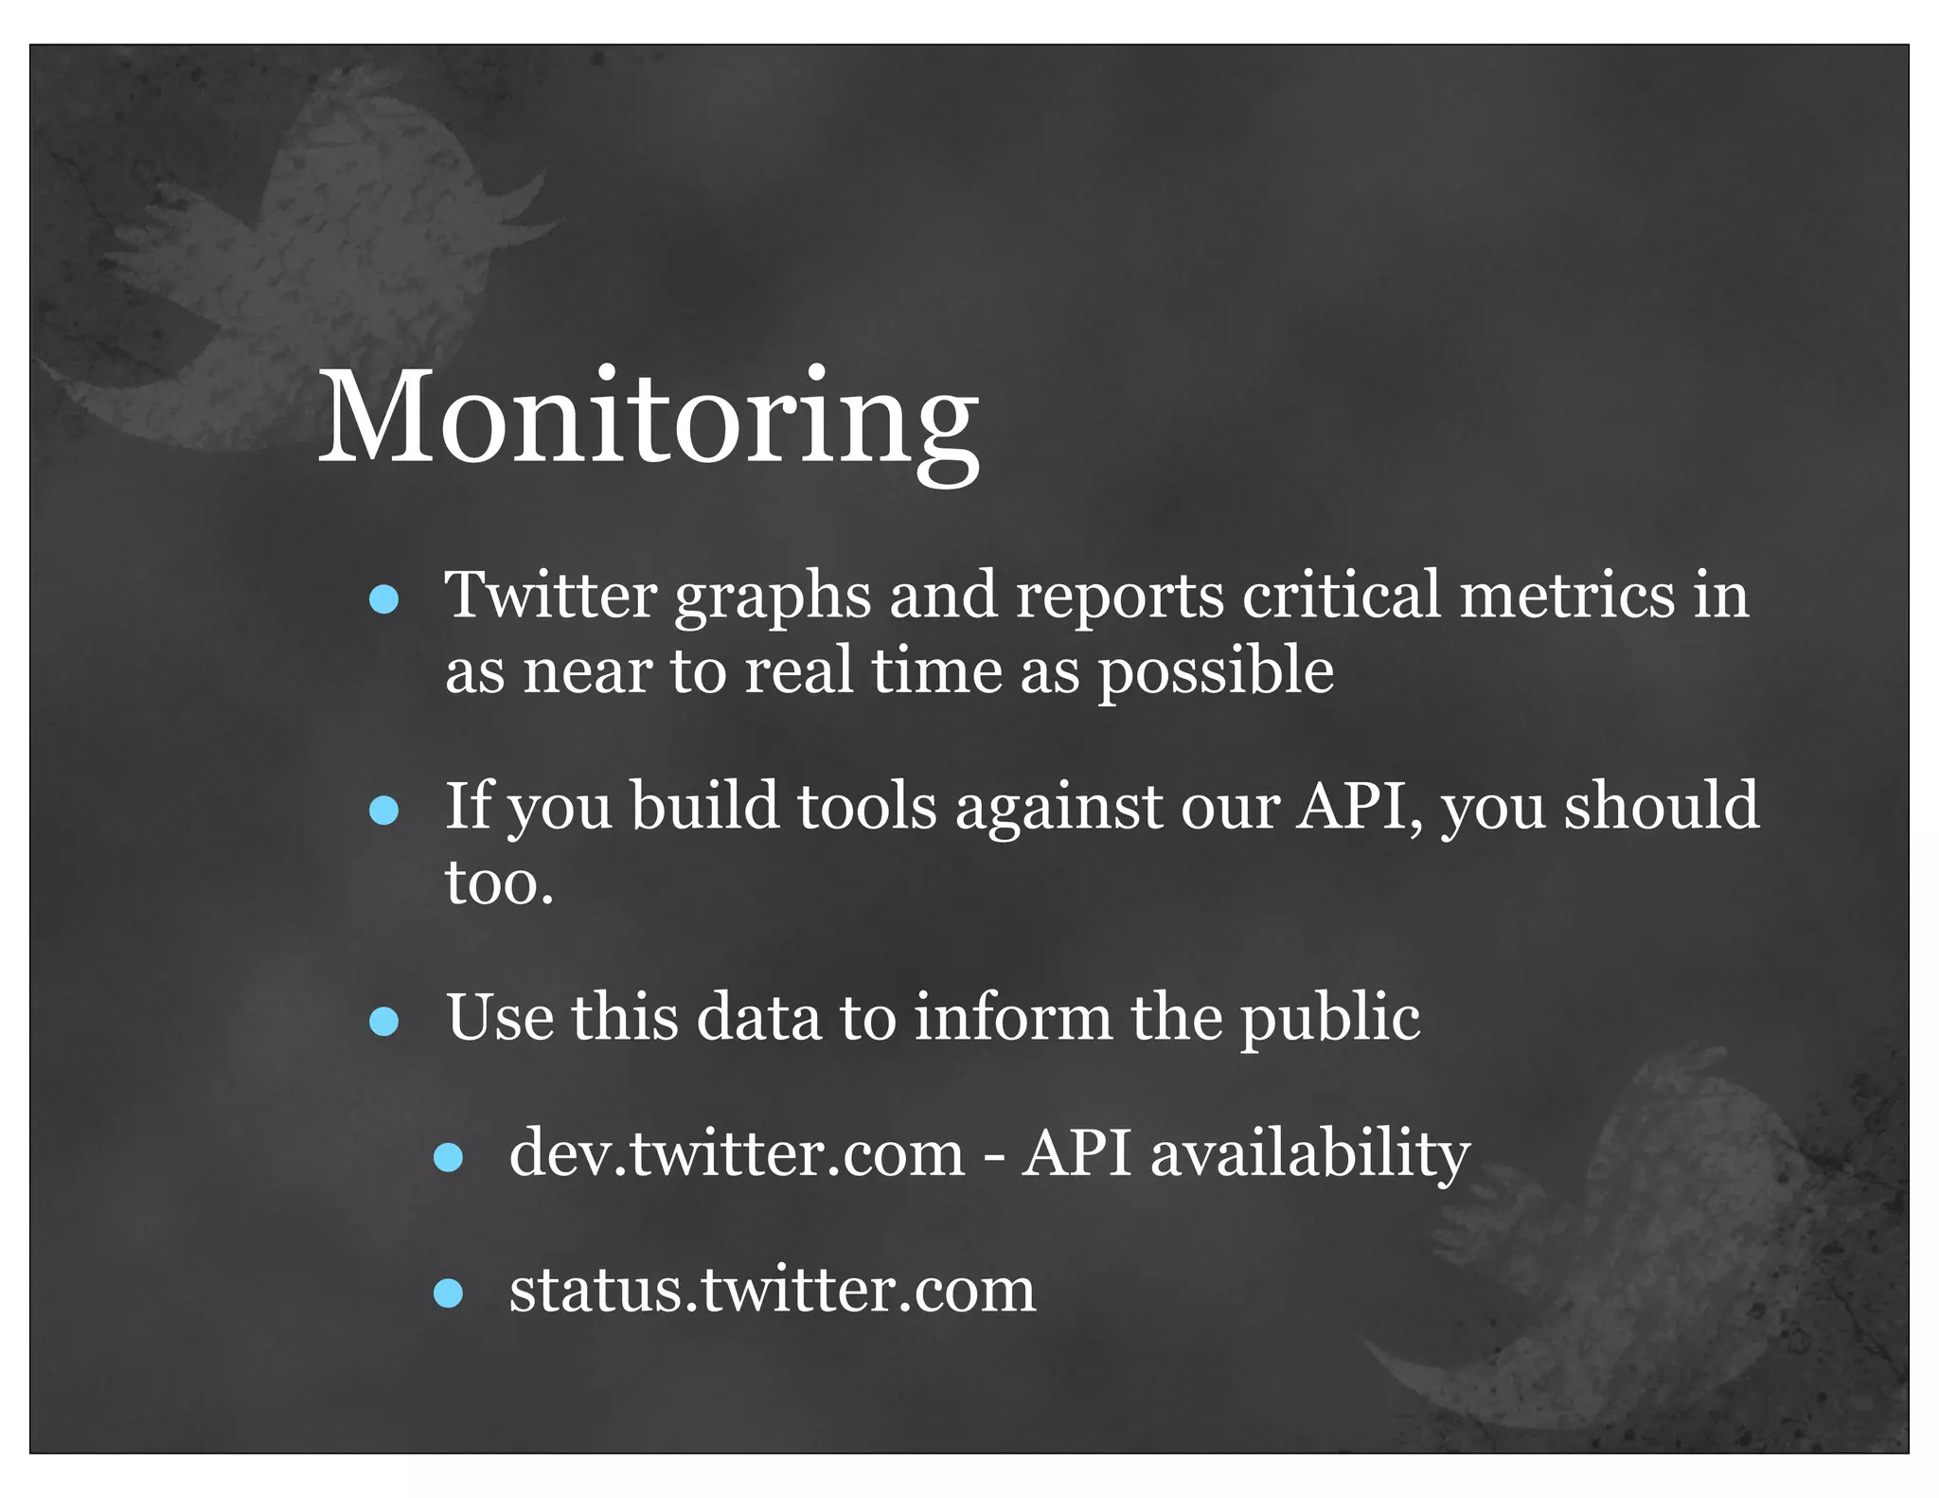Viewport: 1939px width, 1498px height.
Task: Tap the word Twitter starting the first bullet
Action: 550,596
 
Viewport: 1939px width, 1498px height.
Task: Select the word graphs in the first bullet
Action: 773,598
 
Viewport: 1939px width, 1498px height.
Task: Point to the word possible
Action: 1216,673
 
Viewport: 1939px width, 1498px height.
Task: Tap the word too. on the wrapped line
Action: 499,883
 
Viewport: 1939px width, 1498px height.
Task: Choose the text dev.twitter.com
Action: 737,1153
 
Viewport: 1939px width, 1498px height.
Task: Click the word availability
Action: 1309,1155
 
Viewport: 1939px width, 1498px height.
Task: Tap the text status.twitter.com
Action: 773,1290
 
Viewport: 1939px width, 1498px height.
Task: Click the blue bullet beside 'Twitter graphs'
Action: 383,600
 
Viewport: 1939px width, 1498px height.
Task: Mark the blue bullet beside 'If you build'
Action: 383,811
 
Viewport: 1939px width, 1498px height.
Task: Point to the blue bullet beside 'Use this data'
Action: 383,1022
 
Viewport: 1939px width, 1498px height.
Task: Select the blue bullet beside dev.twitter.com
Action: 448,1157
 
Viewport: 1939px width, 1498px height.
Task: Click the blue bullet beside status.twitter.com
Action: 448,1293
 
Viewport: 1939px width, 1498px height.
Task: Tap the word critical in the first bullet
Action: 1341,596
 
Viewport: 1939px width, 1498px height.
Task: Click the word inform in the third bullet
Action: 1013,1018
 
